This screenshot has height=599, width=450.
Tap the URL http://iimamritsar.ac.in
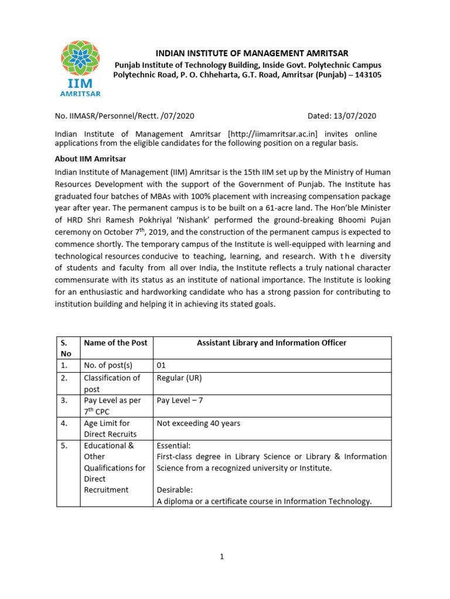[x=274, y=134]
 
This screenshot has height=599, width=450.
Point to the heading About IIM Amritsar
[x=90, y=159]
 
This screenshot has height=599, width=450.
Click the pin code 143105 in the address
[x=365, y=75]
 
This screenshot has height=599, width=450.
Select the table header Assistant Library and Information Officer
[x=271, y=343]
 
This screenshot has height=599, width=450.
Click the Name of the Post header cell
[x=116, y=343]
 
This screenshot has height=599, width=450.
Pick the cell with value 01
[x=162, y=366]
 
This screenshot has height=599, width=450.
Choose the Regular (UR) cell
[x=179, y=378]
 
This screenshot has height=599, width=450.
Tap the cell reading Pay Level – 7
[x=180, y=400]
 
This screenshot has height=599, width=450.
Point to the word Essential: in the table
[x=173, y=445]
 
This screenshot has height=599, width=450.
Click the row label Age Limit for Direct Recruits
[x=110, y=428]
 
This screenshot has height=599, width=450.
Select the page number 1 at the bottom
[x=223, y=557]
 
